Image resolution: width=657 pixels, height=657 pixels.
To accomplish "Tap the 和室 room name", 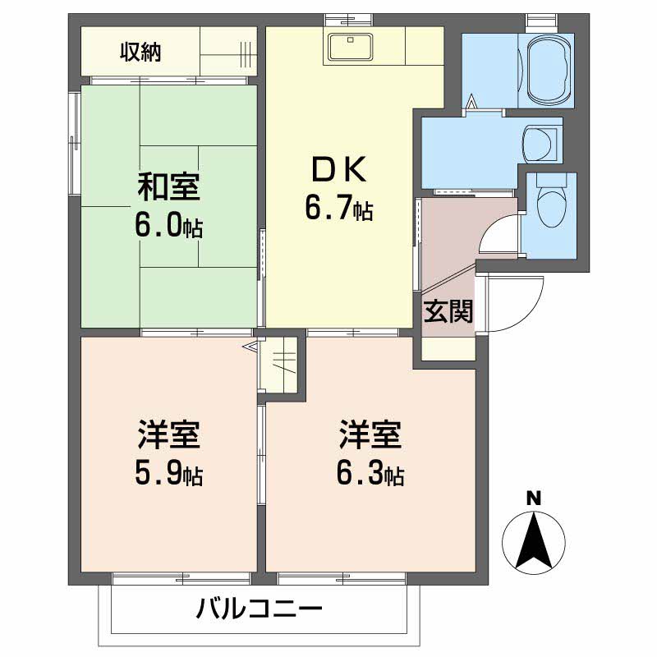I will coord(168,187).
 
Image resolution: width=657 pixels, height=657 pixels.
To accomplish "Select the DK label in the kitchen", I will coord(337,170).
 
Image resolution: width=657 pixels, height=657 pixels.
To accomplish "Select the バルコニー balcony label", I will coord(259,609).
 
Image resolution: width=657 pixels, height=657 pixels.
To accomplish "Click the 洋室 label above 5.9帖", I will coord(168,434).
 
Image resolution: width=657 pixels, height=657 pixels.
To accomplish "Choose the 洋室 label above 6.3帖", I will coord(370,434).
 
